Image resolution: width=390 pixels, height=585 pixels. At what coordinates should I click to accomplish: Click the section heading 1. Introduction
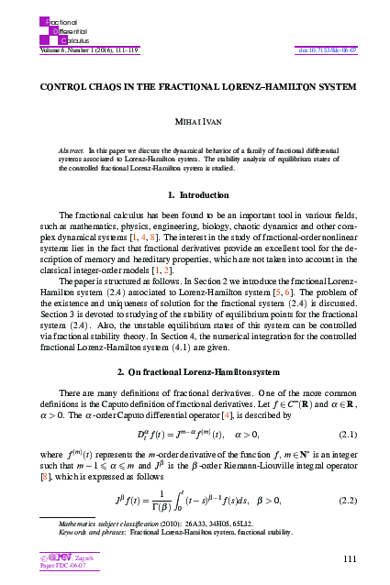click(194, 195)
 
